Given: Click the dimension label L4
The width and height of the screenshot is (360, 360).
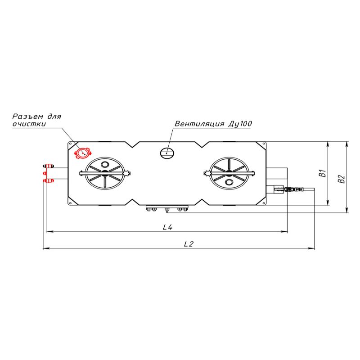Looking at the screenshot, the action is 167,227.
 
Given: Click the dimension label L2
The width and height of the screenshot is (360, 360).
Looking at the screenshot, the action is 189,244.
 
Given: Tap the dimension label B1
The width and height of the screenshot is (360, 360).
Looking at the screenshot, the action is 323,173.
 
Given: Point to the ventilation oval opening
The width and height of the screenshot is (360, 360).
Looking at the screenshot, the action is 167,153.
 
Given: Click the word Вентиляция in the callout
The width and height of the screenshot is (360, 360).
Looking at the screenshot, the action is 199,124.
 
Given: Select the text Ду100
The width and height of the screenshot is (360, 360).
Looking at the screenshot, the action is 240,124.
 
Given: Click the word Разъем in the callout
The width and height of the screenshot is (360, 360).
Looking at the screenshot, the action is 27,117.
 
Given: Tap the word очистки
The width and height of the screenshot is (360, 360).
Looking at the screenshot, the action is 29,124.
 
